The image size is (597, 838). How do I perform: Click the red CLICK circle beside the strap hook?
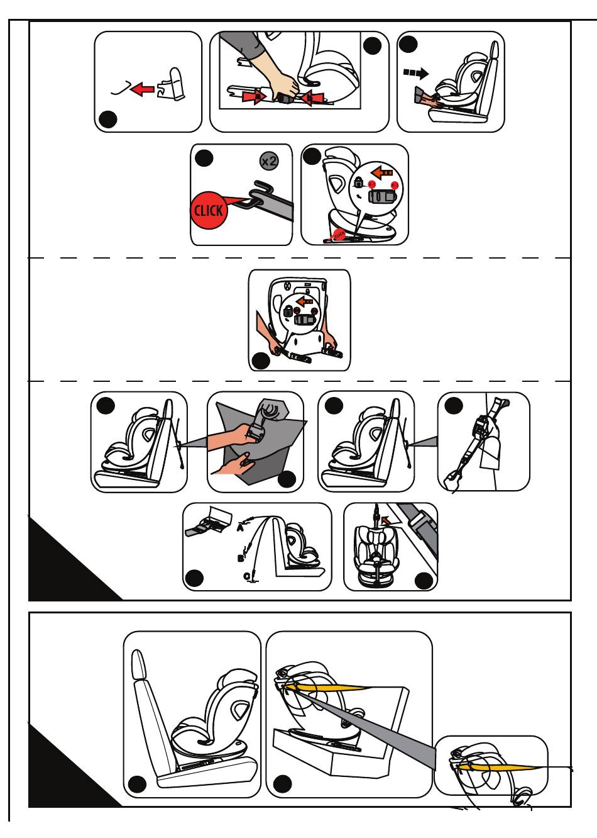[x=208, y=209]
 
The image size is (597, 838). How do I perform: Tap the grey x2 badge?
[x=269, y=161]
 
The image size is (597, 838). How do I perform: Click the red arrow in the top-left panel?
[x=144, y=89]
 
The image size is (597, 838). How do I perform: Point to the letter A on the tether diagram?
[x=240, y=528]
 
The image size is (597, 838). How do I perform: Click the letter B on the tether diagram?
[x=241, y=557]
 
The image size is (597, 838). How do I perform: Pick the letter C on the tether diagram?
[x=247, y=576]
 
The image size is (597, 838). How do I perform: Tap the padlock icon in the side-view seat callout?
[x=358, y=183]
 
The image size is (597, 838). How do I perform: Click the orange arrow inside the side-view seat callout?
[x=382, y=171]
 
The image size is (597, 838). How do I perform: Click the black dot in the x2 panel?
[x=204, y=159]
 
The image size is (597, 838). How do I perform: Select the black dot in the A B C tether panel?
[x=195, y=577]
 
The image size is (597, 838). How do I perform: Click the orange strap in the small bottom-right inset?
[x=496, y=766]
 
